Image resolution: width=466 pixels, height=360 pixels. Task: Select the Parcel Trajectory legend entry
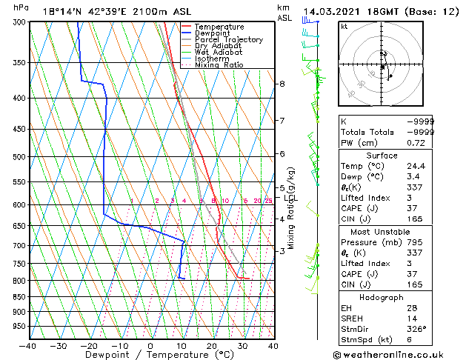[228, 40]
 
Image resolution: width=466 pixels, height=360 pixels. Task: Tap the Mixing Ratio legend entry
[219, 65]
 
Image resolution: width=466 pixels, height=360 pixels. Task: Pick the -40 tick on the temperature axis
[27, 346]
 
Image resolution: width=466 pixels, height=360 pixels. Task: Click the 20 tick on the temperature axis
[212, 346]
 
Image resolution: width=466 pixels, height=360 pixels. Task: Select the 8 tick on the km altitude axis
[282, 84]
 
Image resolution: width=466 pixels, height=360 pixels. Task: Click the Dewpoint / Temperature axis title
[150, 356]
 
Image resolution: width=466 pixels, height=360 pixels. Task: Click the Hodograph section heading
[382, 297]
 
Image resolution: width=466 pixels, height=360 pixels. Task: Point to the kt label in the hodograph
[344, 27]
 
